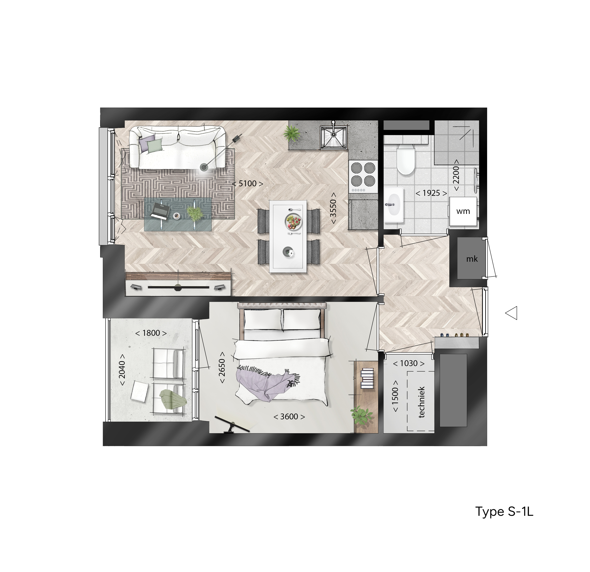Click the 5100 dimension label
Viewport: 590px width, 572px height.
click(x=247, y=184)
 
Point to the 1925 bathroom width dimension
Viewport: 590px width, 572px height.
click(x=431, y=193)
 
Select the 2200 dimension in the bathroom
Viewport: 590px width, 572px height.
click(x=456, y=175)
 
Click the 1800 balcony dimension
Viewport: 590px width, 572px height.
click(x=151, y=333)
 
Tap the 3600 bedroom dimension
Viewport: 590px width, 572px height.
click(x=289, y=417)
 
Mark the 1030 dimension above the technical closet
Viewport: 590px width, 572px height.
click(x=409, y=363)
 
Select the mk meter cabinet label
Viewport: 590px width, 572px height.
click(x=472, y=259)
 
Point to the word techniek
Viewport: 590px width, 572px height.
click(x=421, y=402)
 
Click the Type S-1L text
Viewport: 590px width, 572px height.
click(x=504, y=512)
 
